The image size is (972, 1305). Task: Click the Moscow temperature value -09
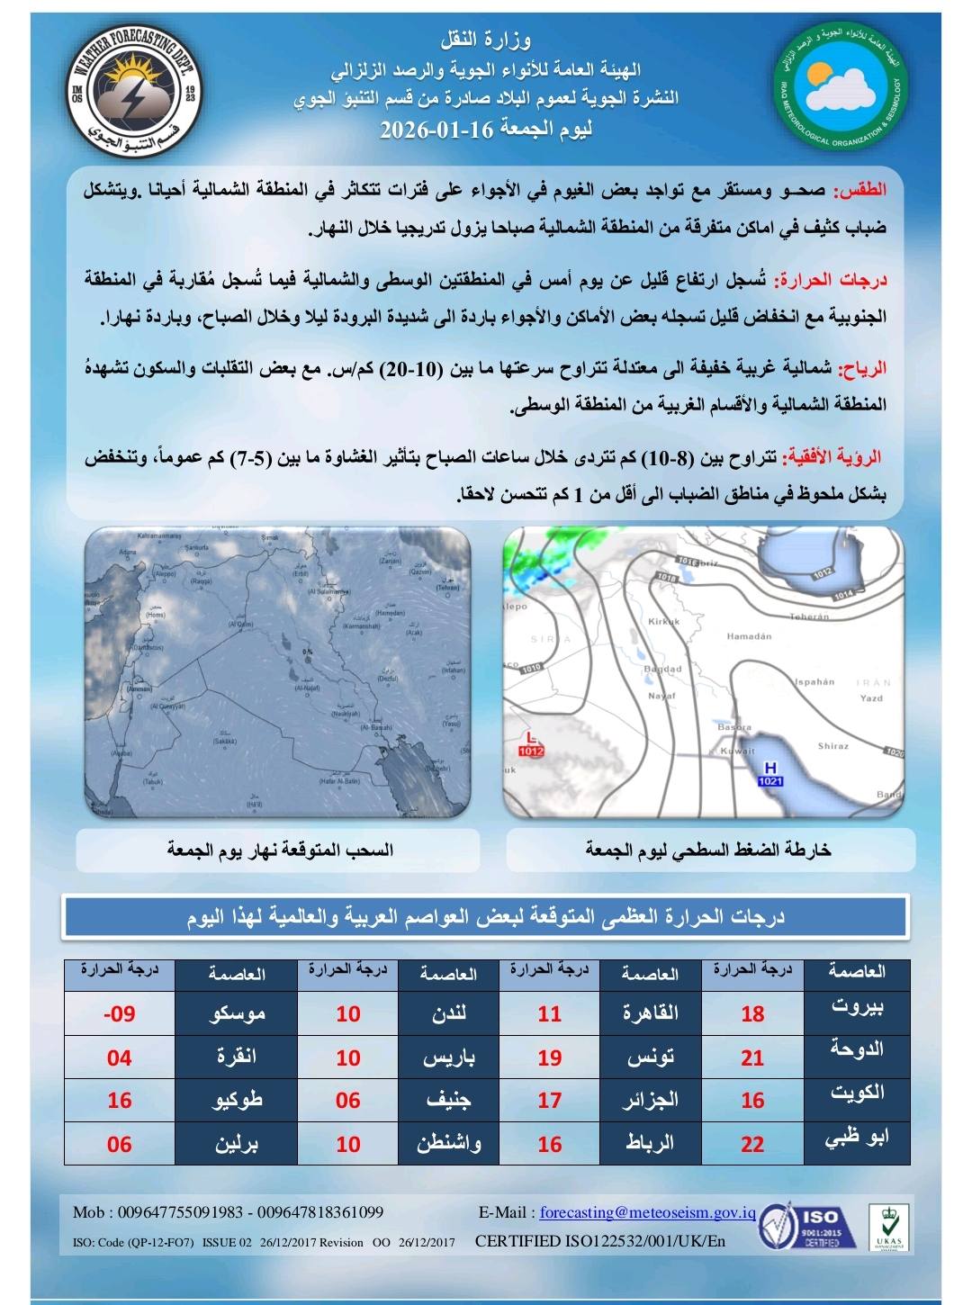click(119, 1014)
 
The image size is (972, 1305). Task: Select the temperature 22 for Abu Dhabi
click(752, 1144)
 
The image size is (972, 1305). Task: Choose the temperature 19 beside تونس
click(549, 1057)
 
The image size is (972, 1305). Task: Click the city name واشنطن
click(448, 1144)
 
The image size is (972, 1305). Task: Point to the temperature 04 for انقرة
click(119, 1057)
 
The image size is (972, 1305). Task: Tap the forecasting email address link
click(647, 1212)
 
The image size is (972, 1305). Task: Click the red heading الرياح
click(862, 367)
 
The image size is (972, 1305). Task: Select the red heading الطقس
click(861, 191)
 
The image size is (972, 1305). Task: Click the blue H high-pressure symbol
click(769, 768)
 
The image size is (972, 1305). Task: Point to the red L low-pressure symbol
click(532, 738)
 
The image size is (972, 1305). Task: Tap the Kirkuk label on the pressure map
click(663, 622)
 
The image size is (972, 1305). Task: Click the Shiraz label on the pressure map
click(832, 746)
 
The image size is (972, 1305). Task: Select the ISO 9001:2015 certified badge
click(800, 1226)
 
